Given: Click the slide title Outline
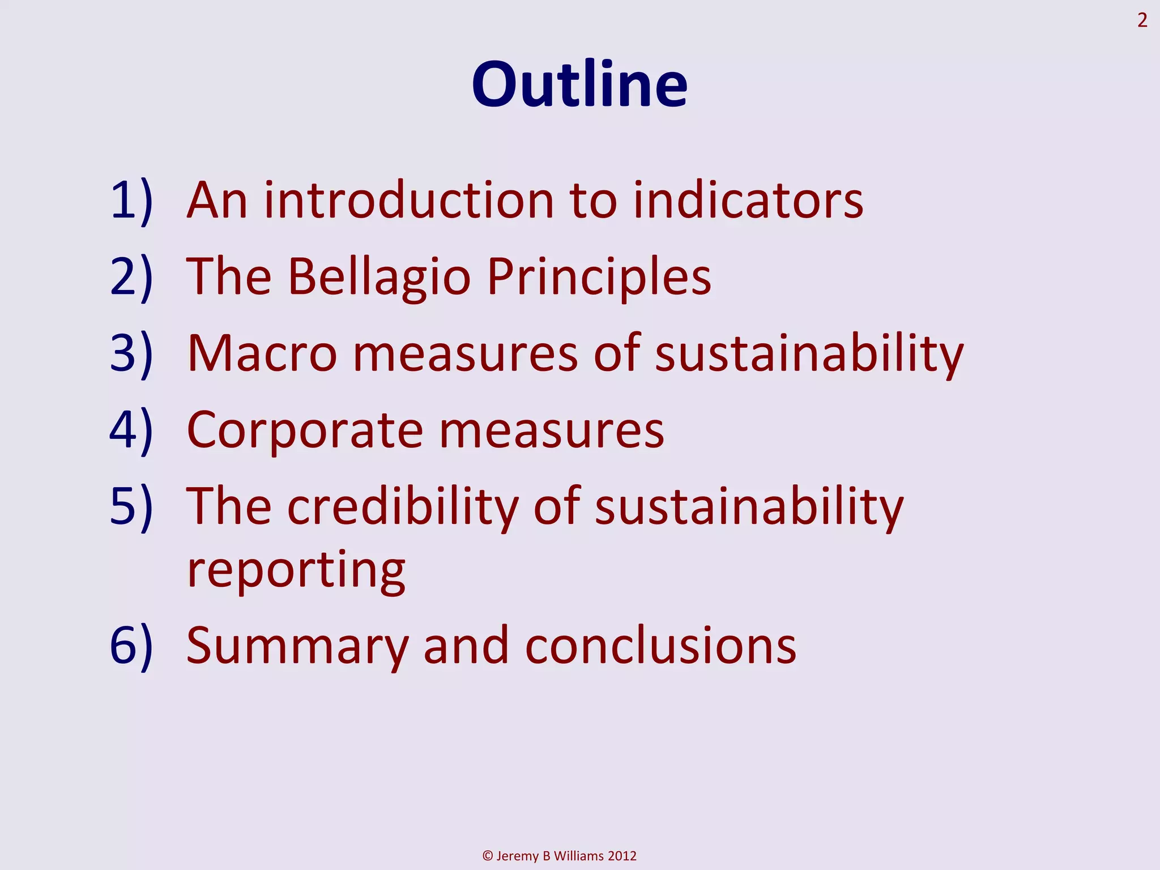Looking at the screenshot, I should click(579, 84).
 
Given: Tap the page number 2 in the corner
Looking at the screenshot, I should click(1142, 21).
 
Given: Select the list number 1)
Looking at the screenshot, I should click(131, 201).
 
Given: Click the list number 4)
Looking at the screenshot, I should click(131, 430).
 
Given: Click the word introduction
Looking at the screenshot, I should click(409, 201).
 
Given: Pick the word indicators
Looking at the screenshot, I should click(748, 201).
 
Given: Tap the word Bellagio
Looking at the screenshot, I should click(379, 277).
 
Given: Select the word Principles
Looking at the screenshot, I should click(599, 277).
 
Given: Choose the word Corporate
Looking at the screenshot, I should click(305, 430).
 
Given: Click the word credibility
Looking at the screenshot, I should click(403, 506).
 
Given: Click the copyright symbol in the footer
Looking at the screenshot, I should click(488, 856).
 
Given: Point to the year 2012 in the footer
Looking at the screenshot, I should click(622, 856).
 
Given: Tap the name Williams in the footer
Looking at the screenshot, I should click(579, 856).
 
